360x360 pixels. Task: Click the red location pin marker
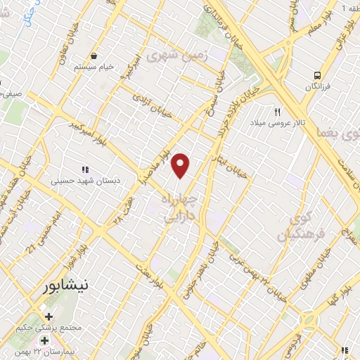point(181,166)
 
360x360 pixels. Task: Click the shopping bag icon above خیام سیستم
point(94,56)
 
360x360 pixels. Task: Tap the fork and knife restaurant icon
point(278,112)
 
